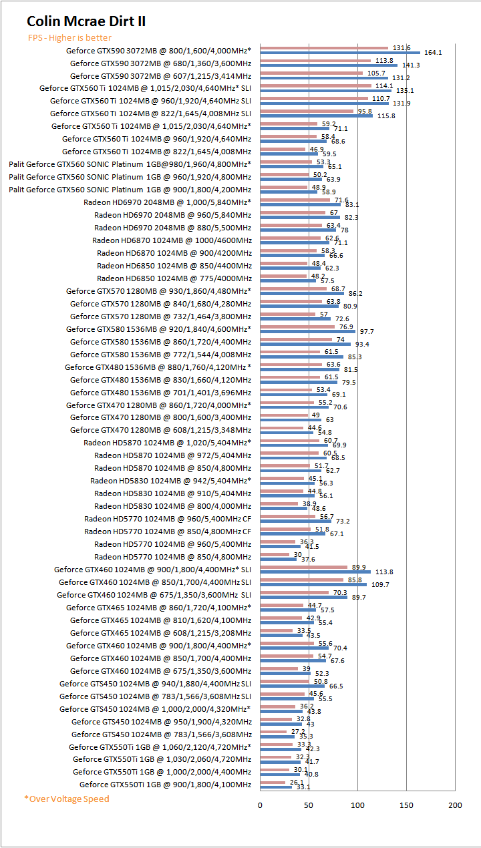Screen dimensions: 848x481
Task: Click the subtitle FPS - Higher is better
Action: [x=69, y=38]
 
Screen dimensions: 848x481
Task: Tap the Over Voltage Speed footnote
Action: [x=67, y=799]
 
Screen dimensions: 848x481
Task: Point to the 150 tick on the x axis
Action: [x=406, y=805]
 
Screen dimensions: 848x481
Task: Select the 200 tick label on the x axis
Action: [x=455, y=805]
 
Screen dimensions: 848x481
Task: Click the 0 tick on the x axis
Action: [x=260, y=805]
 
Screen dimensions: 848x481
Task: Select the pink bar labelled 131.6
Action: [x=324, y=48]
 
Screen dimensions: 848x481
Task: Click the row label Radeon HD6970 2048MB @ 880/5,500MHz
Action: [x=172, y=228]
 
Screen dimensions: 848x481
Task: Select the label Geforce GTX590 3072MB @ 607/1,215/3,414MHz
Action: [x=160, y=75]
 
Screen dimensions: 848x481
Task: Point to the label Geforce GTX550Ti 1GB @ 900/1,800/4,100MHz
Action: [x=165, y=785]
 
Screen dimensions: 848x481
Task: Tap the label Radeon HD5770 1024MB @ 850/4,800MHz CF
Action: [x=168, y=532]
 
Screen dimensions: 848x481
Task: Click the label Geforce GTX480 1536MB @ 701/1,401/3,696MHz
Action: [x=160, y=393]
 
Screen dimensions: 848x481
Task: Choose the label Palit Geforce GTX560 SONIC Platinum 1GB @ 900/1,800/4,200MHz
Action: [x=130, y=190]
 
